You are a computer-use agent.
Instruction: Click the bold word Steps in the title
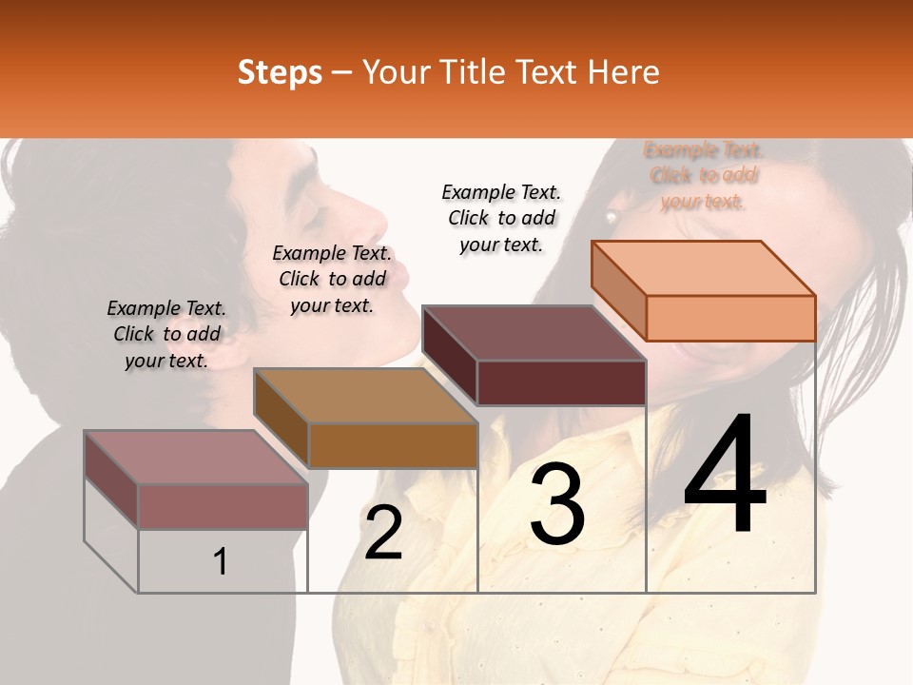tap(280, 72)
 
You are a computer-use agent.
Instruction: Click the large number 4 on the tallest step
tap(725, 475)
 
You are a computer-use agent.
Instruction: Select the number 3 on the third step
tap(556, 504)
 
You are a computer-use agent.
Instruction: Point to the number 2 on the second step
tap(383, 534)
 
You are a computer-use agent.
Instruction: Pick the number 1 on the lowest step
tap(221, 562)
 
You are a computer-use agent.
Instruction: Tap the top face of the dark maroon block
tap(534, 333)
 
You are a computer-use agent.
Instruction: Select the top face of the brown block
tap(365, 396)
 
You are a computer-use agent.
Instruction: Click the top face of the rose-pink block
tap(196, 458)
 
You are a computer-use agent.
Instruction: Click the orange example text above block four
tap(704, 175)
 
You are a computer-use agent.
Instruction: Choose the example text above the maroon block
tap(501, 218)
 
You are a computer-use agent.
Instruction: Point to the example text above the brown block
tap(332, 279)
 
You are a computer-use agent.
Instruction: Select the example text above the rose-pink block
tap(166, 334)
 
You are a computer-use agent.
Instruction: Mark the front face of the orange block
tap(730, 318)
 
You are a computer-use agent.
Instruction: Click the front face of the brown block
tap(393, 445)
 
